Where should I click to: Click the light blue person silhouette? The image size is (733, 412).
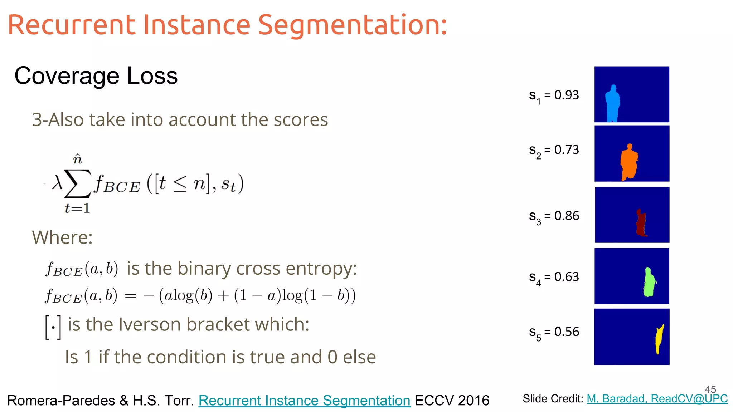(612, 104)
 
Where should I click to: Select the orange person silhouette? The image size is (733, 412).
(629, 163)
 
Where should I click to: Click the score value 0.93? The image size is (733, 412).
(567, 95)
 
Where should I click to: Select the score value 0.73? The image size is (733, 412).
(567, 150)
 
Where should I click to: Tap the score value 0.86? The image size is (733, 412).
(567, 216)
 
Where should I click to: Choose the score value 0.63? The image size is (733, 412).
(567, 277)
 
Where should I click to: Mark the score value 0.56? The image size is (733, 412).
(567, 332)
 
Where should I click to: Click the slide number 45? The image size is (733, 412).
(710, 389)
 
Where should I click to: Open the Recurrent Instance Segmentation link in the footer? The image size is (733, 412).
(304, 401)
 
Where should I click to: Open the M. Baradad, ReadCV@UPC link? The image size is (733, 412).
(657, 398)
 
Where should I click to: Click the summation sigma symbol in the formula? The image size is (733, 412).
(77, 184)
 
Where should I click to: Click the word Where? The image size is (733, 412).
(62, 237)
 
